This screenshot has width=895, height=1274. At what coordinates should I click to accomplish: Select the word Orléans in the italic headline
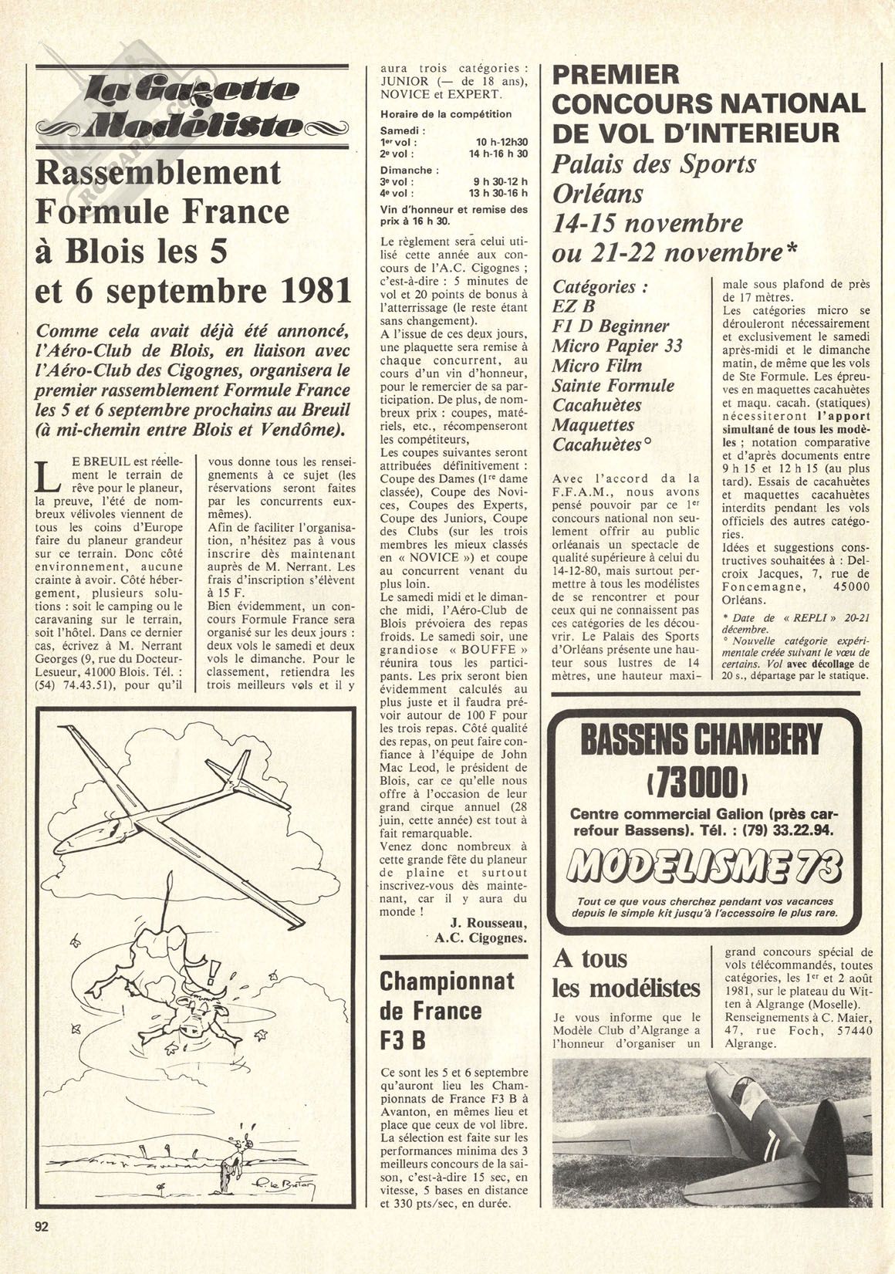[x=598, y=193]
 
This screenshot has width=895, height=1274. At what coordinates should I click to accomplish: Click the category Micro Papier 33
[x=617, y=345]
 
